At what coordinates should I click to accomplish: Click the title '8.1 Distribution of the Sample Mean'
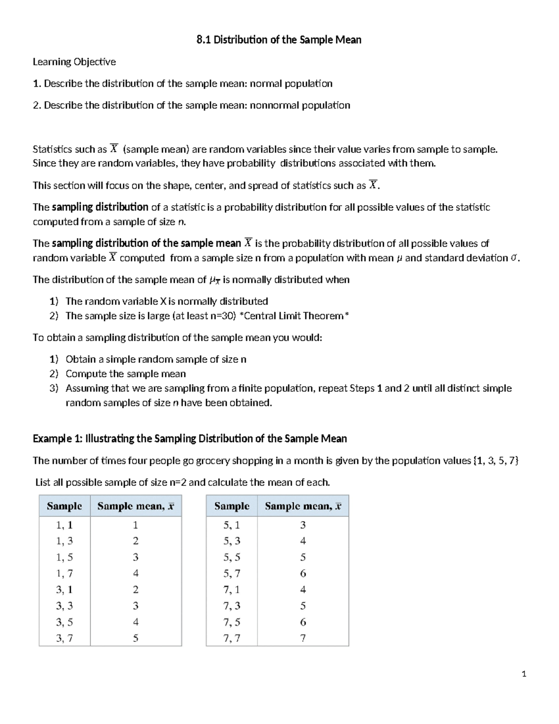click(x=279, y=40)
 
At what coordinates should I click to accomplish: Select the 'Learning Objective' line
click(x=74, y=62)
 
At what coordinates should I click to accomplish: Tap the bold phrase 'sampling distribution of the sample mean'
click(x=146, y=243)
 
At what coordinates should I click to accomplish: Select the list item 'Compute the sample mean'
click(x=125, y=374)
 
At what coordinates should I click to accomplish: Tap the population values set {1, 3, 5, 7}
click(x=496, y=461)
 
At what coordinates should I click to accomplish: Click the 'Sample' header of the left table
click(x=64, y=506)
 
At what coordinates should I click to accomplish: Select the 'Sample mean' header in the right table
click(x=303, y=506)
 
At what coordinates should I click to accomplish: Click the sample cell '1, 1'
click(x=64, y=525)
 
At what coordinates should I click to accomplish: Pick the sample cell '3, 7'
click(x=64, y=638)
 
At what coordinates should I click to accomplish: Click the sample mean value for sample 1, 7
click(x=136, y=573)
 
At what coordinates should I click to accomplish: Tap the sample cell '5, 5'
click(x=232, y=558)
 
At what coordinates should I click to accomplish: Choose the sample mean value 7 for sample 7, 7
click(x=303, y=638)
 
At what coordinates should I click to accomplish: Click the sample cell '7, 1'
click(x=232, y=590)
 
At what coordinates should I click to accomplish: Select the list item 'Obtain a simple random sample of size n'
click(x=156, y=359)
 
